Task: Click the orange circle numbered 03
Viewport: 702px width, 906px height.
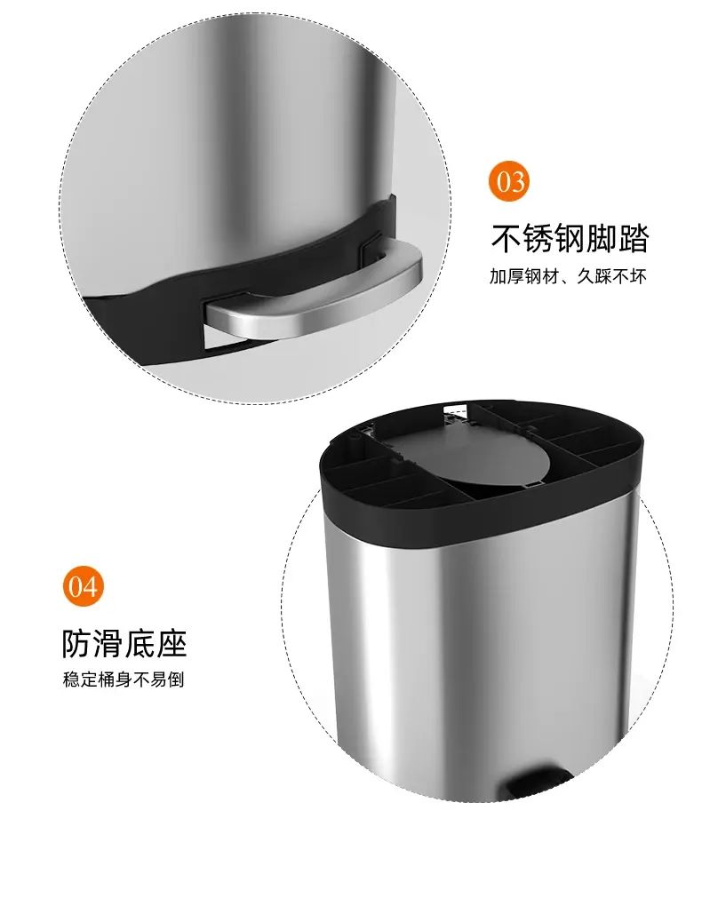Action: pyautogui.click(x=509, y=181)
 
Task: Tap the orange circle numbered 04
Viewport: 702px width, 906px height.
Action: pyautogui.click(x=84, y=586)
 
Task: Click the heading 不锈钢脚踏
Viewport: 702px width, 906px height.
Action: pyautogui.click(x=570, y=238)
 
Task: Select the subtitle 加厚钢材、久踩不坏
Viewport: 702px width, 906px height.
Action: pyautogui.click(x=568, y=276)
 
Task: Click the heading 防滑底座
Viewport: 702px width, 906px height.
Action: pyautogui.click(x=124, y=642)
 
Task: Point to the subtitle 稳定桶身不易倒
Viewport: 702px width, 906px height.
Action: pyautogui.click(x=124, y=679)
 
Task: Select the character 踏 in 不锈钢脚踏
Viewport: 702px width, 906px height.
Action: pyautogui.click(x=634, y=238)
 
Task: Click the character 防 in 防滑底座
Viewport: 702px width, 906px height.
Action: pyautogui.click(x=77, y=642)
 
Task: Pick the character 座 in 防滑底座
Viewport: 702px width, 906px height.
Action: pyautogui.click(x=172, y=642)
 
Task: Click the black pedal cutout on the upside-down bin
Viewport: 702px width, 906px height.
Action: pyautogui.click(x=538, y=782)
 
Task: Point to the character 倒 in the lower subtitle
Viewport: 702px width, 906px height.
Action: pyautogui.click(x=176, y=679)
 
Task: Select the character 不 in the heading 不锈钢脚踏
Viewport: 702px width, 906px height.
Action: pyautogui.click(x=507, y=238)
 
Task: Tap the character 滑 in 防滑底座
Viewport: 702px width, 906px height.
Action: pyautogui.click(x=108, y=642)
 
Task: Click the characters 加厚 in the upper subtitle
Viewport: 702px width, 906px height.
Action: pyautogui.click(x=507, y=276)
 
